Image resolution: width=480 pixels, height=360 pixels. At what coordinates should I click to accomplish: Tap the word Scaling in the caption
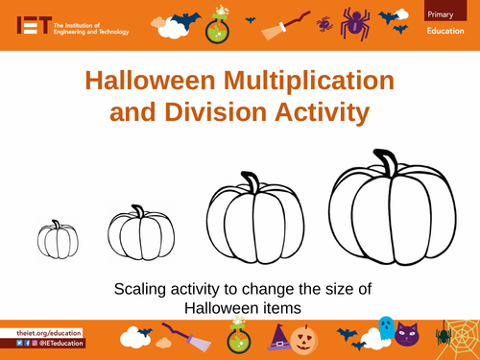(x=141, y=289)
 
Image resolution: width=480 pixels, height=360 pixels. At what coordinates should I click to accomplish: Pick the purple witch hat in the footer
(x=277, y=338)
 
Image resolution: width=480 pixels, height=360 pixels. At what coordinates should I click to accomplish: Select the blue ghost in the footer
(x=385, y=329)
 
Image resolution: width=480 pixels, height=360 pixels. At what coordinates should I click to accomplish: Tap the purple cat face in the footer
(x=409, y=335)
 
